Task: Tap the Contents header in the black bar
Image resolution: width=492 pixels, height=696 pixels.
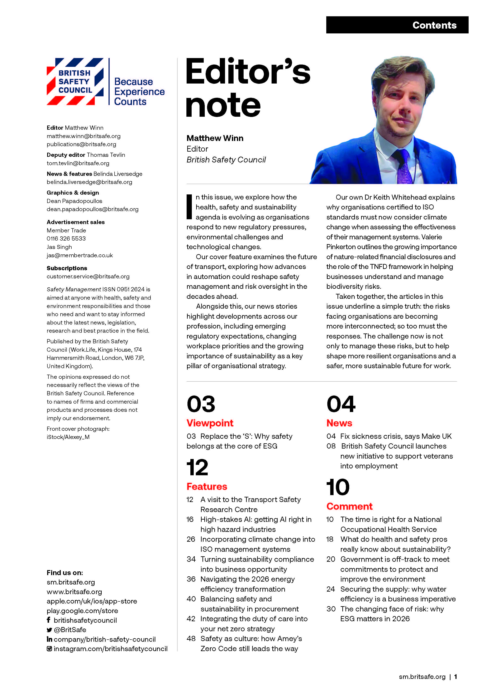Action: point(434,25)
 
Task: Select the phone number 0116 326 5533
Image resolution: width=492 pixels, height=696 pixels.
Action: point(66,238)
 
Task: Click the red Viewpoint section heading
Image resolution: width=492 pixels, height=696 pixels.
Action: point(210,423)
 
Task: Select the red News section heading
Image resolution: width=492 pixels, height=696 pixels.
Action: point(339,423)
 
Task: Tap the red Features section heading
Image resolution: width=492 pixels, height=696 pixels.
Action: point(207,487)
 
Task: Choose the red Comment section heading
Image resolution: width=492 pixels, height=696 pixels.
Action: point(349,506)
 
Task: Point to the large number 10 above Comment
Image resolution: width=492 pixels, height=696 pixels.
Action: point(338,487)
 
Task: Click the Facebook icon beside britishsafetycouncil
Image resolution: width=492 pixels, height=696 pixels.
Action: point(48,620)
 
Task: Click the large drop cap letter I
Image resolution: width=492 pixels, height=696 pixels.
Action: point(189,207)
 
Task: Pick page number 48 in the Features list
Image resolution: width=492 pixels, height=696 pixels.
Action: point(191,639)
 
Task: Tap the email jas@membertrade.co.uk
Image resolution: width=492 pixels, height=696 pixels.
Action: point(80,255)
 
